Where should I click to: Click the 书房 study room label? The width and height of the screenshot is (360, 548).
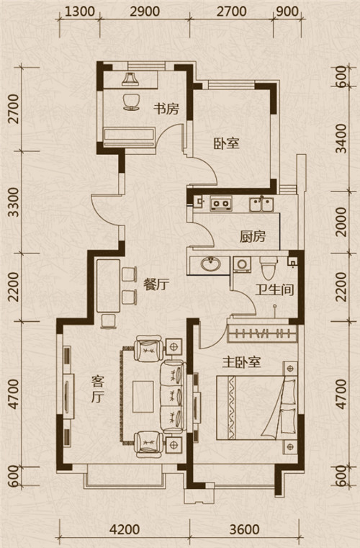(166, 109)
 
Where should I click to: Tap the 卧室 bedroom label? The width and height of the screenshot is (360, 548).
(227, 143)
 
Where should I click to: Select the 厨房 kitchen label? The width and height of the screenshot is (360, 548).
(252, 237)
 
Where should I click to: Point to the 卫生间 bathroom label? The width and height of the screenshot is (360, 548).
(274, 289)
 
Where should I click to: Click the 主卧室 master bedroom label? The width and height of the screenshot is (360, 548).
(242, 362)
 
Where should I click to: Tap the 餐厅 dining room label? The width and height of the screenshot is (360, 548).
(156, 285)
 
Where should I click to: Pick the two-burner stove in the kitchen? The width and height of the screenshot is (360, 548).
(221, 203)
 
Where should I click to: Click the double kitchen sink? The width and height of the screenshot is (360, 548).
(261, 204)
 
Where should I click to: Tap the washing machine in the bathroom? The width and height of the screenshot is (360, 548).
(240, 264)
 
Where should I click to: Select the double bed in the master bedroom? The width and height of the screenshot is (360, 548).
(256, 407)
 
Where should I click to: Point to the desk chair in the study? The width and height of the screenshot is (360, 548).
(132, 102)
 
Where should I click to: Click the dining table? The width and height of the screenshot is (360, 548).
(108, 286)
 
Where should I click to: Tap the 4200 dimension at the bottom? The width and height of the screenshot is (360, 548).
(125, 529)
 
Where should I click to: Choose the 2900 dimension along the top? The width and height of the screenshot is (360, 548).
(145, 12)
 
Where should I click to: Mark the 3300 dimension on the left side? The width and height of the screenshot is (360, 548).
(14, 202)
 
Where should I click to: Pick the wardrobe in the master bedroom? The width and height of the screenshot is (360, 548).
(262, 333)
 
